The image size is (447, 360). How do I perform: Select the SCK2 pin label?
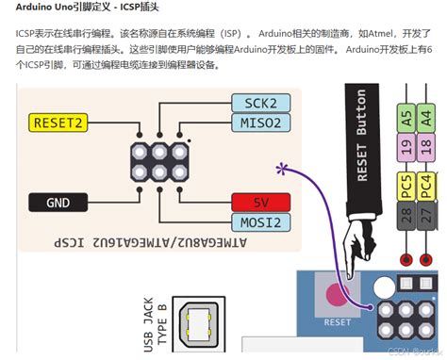point(259,103)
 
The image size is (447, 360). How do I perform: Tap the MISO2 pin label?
point(259,123)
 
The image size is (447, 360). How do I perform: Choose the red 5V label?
point(260,202)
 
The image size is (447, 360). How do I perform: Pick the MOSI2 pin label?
point(259,222)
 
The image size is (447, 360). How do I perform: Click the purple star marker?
point(282,169)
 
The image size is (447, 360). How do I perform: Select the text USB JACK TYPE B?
point(153,326)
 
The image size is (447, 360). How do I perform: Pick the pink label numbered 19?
point(406,146)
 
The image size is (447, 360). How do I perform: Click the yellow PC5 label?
point(406,184)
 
